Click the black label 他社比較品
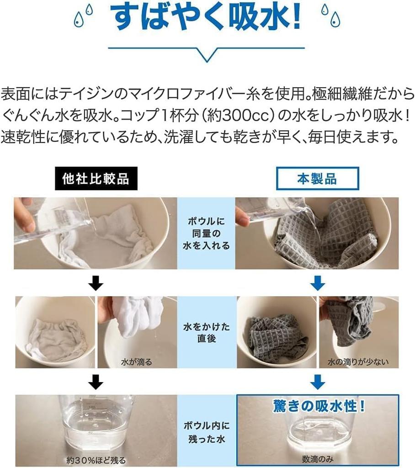click(96, 179)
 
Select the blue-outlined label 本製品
click(317, 179)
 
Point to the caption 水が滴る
click(137, 362)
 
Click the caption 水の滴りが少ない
click(358, 362)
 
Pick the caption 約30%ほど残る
click(96, 460)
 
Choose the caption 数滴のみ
click(317, 459)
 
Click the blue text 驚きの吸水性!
click(319, 406)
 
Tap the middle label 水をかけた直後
click(207, 333)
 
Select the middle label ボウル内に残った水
click(207, 432)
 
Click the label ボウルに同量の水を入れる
click(206, 234)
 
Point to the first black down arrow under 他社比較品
click(96, 283)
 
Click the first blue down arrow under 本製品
click(317, 283)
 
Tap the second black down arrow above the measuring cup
click(96, 382)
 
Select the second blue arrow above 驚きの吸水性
click(317, 382)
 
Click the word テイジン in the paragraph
click(86, 94)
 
